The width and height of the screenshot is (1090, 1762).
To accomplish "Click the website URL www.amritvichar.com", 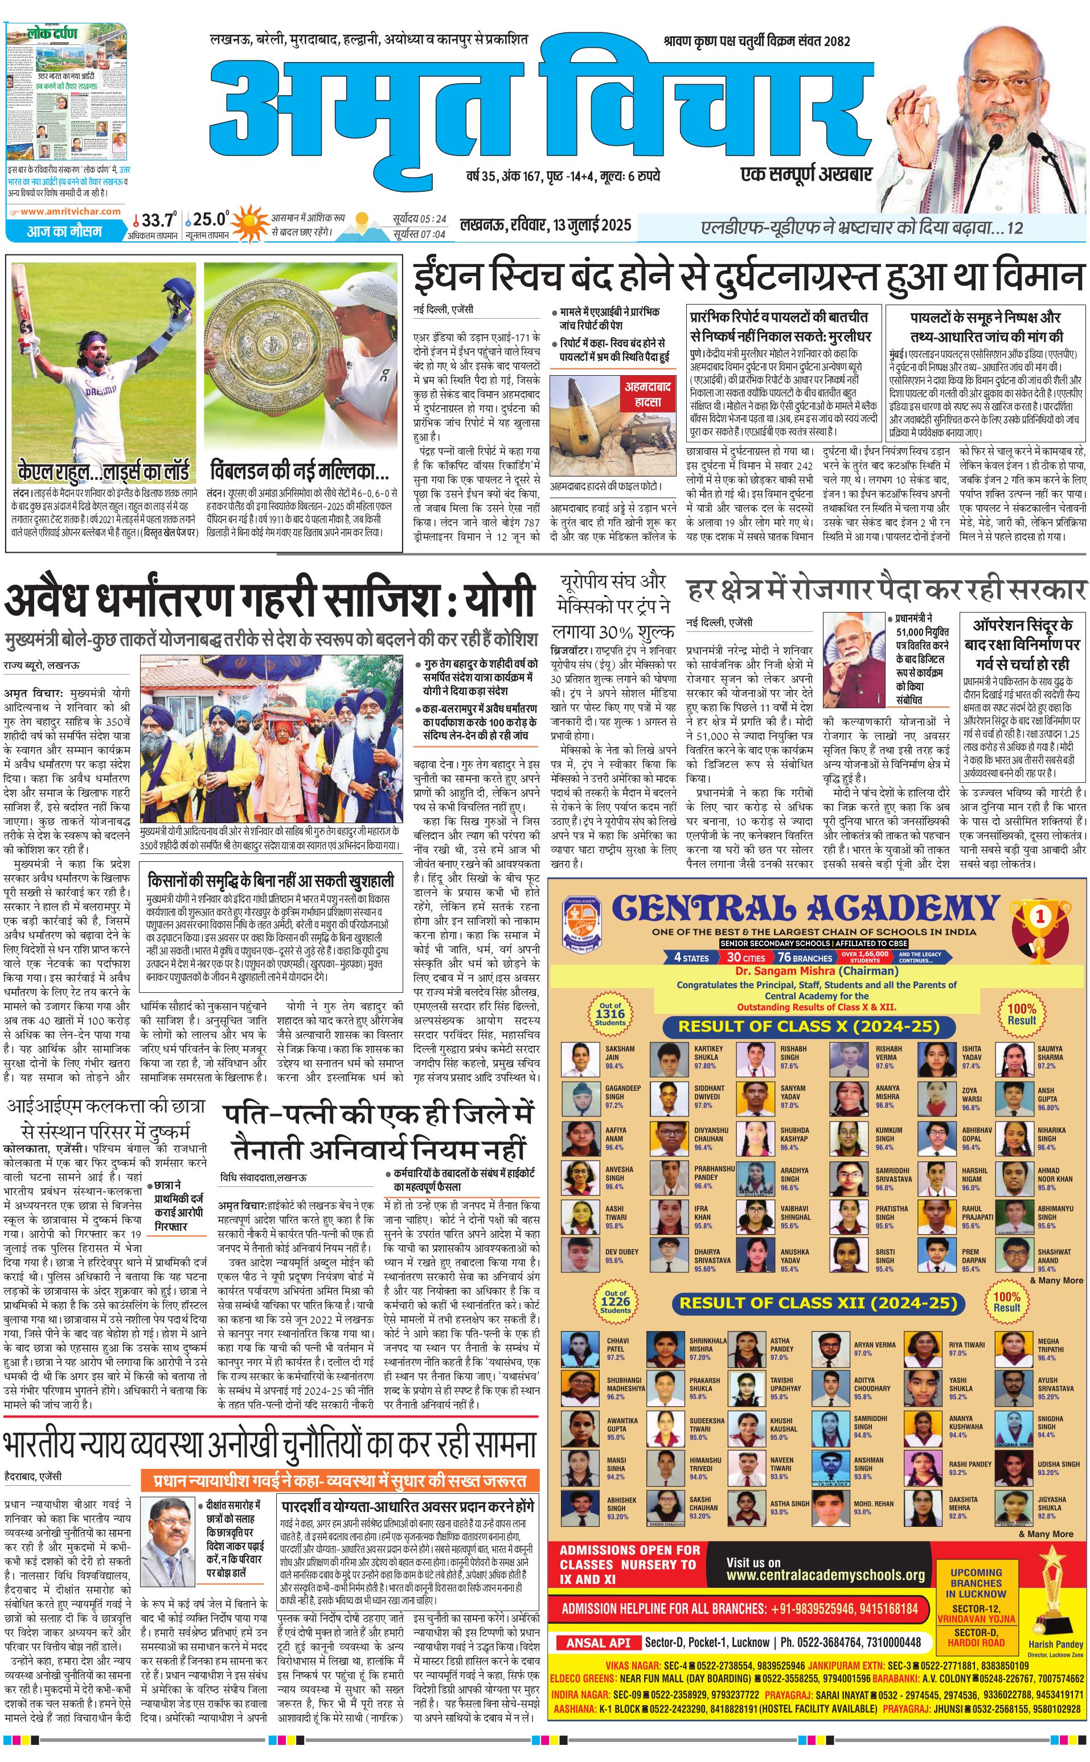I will click(x=71, y=212).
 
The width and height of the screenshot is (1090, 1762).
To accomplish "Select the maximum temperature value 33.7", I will click(x=157, y=220).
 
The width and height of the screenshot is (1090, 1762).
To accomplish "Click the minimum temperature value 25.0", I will click(x=210, y=219).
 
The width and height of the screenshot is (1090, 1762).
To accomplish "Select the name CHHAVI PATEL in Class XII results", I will click(x=617, y=1345).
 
